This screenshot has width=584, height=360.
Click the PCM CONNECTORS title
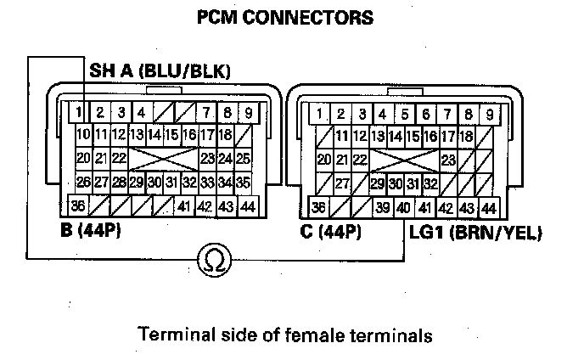284,18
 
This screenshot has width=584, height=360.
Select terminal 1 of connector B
77,112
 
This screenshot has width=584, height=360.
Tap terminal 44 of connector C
488,208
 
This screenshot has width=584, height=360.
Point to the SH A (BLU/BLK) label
160,72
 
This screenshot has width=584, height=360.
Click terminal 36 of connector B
79,205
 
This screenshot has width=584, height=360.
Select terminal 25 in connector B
244,158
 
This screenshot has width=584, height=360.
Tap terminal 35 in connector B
243,181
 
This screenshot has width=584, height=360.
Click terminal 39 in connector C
383,208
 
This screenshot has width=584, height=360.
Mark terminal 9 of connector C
489,114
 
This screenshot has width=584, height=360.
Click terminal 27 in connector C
343,183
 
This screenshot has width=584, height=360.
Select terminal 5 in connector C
405,114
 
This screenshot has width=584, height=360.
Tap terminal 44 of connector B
247,206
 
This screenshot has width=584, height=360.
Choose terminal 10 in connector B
83,135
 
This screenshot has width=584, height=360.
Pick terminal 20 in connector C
323,159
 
